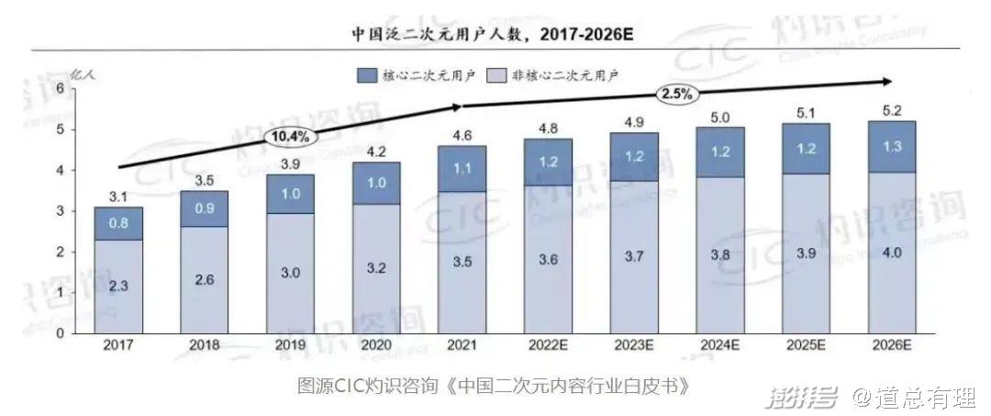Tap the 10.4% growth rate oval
292,137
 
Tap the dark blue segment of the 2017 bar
118,223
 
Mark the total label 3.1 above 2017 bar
118,196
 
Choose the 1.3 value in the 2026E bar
891,147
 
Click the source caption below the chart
493,384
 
